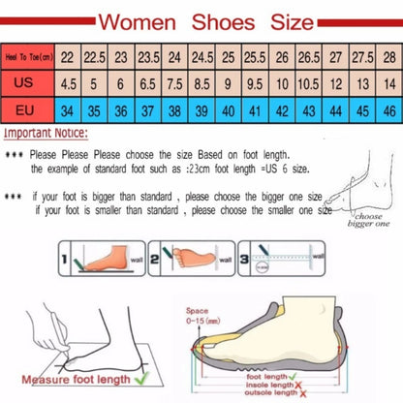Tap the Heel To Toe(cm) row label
tap(28, 56)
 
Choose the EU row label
tap(28, 109)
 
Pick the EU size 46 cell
tap(387, 109)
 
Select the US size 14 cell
tap(387, 83)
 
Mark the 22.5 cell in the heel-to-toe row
tap(95, 56)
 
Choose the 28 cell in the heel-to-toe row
tap(387, 56)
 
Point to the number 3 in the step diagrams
tap(246, 259)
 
